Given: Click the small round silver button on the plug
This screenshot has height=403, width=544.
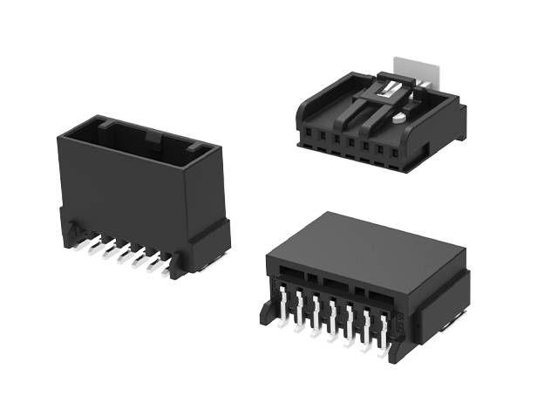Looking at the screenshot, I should pyautogui.click(x=398, y=112).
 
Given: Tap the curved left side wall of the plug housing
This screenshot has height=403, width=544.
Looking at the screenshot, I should pyautogui.click(x=306, y=114).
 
